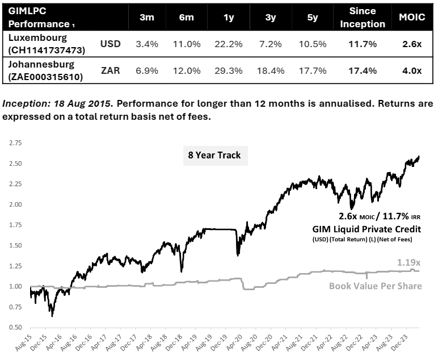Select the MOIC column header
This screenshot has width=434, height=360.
[x=412, y=17]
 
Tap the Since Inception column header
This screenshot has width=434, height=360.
[x=363, y=17]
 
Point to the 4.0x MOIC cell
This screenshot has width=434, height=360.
[x=412, y=71]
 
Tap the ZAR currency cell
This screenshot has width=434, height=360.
[x=111, y=71]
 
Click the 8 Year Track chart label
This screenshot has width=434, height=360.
[x=215, y=154]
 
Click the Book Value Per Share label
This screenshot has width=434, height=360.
[x=376, y=286]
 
